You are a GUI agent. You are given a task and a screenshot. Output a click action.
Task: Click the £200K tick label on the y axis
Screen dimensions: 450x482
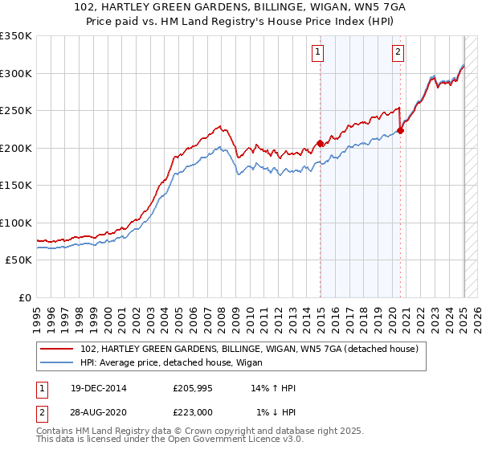[x=16, y=148]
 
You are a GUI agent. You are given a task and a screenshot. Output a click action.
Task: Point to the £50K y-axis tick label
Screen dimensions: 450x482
[x=18, y=260]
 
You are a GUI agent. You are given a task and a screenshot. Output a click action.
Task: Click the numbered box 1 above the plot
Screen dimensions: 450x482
[x=318, y=53]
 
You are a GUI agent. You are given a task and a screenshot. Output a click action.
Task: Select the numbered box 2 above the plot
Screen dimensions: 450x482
[x=398, y=53]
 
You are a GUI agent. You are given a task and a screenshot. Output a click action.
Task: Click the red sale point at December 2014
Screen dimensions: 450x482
[x=320, y=144]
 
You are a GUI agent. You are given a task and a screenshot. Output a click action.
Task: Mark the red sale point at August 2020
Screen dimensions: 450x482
[x=401, y=131]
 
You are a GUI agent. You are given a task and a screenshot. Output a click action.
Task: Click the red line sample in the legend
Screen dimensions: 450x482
[x=58, y=350]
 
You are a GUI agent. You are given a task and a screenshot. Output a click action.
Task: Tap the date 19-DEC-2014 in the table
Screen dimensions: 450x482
[x=99, y=388]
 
